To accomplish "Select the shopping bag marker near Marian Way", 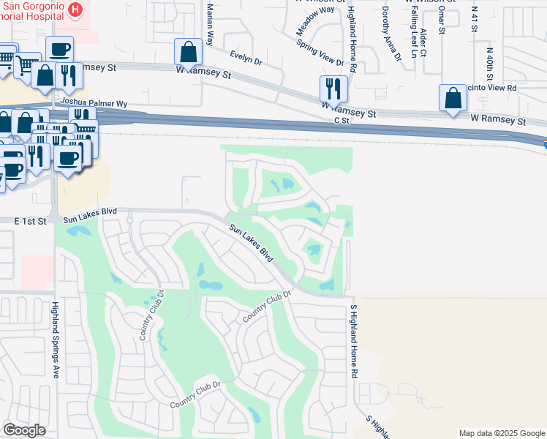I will [188, 52].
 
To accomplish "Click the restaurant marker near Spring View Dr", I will [333, 89].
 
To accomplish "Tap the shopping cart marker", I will [28, 65].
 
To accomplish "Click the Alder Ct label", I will [424, 42].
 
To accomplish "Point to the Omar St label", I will [441, 20].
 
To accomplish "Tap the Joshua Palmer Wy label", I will [94, 103].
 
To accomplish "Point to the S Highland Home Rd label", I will [353, 341].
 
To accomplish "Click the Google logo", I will [24, 430].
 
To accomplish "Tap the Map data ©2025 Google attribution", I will [502, 433].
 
